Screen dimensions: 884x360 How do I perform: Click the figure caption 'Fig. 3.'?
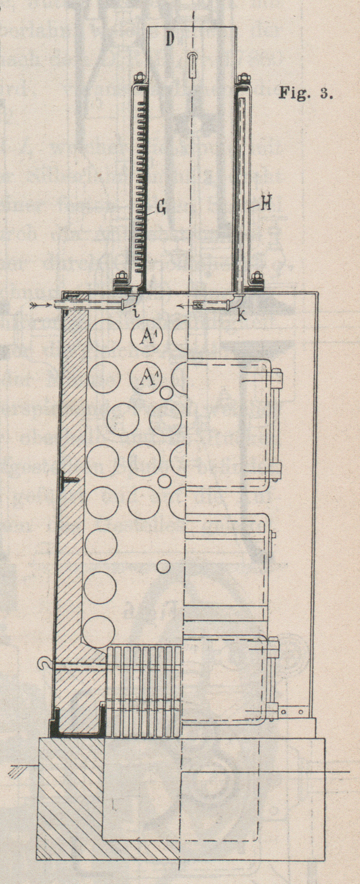coord(305,93)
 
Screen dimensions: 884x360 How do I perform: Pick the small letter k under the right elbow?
coord(243,316)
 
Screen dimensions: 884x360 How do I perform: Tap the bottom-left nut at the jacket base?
coord(121,277)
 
